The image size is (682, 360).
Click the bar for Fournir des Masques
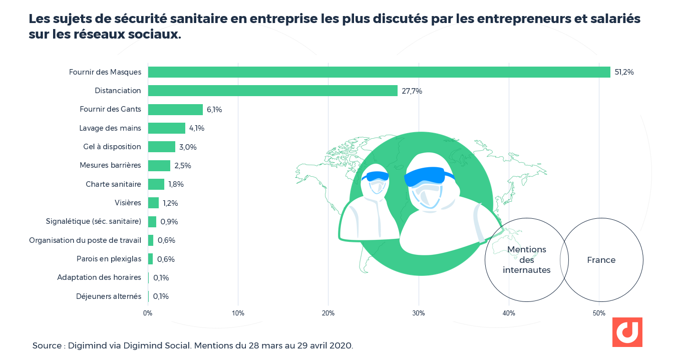(379, 72)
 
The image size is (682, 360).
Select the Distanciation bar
(273, 91)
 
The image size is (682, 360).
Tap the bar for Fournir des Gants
(175, 110)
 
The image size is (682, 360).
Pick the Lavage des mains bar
(167, 128)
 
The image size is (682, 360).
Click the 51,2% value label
(624, 72)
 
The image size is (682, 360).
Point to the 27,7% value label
(412, 91)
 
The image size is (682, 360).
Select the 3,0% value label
(188, 147)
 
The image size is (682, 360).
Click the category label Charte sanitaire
(113, 184)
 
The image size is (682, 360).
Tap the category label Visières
(128, 203)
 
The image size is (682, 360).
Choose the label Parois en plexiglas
(109, 259)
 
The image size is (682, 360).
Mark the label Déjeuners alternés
(109, 296)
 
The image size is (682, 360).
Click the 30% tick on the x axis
(419, 313)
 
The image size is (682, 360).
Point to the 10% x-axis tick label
(238, 313)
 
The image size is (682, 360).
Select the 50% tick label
(599, 313)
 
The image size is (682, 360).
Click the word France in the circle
(601, 260)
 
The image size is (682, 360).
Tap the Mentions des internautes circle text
(527, 260)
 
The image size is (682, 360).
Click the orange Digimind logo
(627, 332)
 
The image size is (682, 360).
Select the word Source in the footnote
(48, 346)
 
